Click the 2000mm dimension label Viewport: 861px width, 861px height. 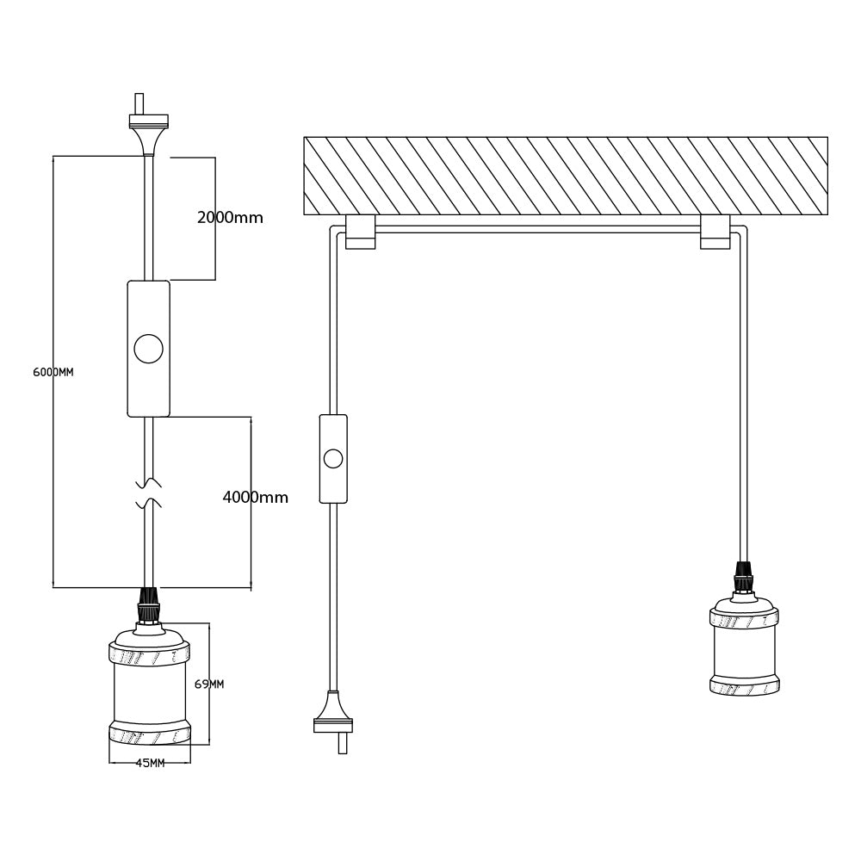230,218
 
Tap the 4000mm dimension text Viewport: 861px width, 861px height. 255,498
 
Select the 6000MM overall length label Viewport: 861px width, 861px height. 53,373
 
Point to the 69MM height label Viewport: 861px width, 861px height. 209,684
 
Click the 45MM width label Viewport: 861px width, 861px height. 150,763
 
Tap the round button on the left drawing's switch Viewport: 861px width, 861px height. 149,349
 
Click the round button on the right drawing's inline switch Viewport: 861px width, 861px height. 333,458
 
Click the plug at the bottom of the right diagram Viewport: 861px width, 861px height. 333,719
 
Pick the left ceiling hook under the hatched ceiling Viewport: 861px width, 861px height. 360,232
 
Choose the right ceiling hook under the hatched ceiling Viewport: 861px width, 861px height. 715,232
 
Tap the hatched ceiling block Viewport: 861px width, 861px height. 566,176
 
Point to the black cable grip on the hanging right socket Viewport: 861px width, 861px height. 743,577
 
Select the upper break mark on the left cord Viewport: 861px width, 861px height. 149,482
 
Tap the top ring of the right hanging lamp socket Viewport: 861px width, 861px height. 745,616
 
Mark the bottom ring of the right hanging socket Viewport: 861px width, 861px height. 745,686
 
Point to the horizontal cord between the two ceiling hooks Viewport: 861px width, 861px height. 538,230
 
